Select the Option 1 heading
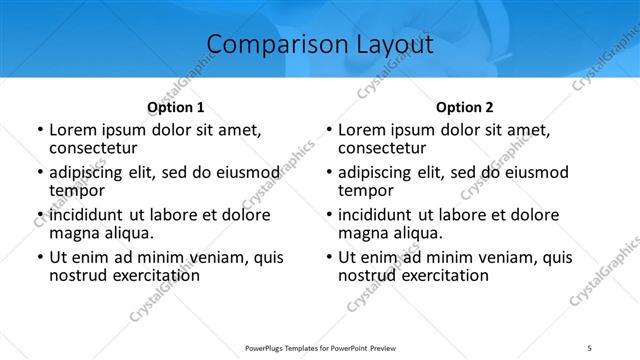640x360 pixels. [175, 107]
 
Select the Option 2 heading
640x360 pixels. [465, 107]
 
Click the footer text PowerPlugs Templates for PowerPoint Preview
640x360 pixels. [321, 348]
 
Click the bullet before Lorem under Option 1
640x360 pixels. [39, 130]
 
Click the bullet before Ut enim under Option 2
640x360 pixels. [329, 258]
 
